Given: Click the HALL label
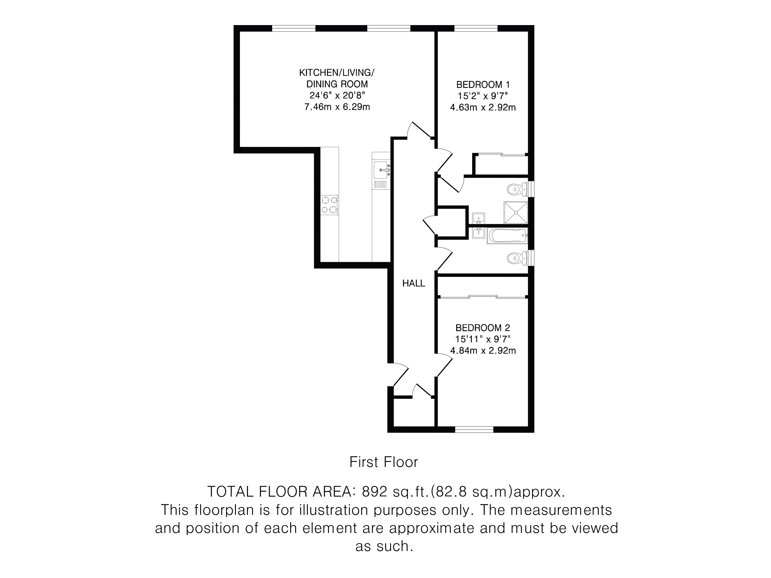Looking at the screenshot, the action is (413, 283).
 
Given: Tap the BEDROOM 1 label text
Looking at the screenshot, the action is (483, 84).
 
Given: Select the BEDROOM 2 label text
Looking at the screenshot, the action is (483, 327).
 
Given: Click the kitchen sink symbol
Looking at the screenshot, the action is (381, 170).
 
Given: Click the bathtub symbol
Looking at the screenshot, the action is (507, 236).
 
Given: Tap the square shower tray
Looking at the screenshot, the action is (516, 212).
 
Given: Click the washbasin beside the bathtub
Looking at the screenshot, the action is (479, 233).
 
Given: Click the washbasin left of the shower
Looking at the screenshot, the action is (479, 218).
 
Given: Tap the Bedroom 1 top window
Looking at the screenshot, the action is (476, 28).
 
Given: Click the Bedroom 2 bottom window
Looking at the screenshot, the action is (475, 429).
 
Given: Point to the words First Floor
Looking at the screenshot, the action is (383, 462).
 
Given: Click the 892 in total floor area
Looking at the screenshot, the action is (375, 492).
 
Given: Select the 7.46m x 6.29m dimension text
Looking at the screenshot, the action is (337, 107).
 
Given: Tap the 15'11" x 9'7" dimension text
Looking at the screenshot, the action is (483, 339).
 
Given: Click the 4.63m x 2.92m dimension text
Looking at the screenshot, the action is (483, 107).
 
